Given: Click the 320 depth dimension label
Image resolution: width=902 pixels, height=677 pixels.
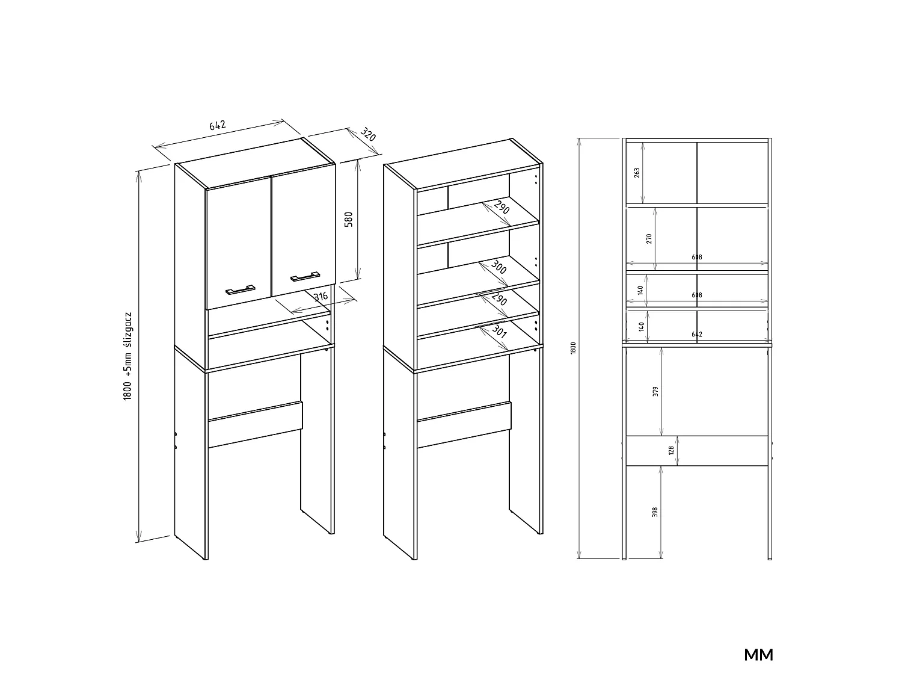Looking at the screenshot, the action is coord(368,134).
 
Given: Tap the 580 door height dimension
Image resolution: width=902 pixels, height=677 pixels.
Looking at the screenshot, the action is coord(348,220).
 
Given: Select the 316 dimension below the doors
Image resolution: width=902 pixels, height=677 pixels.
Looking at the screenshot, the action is coord(321,296).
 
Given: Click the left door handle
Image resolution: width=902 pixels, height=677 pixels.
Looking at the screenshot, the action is coord(241,290).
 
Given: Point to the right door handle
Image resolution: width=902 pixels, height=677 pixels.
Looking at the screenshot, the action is coord(305,277).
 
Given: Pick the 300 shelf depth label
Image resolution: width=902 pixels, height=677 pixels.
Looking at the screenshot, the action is coord(499,268).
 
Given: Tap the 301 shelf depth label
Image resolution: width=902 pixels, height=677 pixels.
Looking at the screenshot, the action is coord(499,332).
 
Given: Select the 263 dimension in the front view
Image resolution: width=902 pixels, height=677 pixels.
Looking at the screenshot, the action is coord(637,173).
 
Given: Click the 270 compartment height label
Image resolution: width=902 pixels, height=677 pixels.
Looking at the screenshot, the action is coord(649,239).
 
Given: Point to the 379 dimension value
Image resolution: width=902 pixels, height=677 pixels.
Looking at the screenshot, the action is coord(655,391).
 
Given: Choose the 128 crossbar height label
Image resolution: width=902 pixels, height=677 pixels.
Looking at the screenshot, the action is coord(671,451).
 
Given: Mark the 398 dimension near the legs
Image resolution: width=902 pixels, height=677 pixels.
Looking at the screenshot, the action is coord(655,512).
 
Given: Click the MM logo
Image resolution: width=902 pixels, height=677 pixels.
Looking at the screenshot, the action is coord(759,655).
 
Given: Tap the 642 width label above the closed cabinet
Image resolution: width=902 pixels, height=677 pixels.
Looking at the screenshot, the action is coord(218,125).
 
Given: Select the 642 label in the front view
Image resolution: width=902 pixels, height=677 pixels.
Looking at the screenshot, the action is coord(697,334).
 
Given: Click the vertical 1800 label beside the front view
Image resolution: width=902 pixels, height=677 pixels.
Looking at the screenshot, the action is coord(573,348).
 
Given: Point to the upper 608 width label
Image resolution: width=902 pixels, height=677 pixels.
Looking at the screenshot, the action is coord(697,258).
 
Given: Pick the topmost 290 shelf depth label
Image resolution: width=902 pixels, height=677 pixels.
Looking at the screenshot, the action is coord(502,208).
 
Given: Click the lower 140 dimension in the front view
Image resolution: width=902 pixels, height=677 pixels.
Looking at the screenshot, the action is coord(642,327).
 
